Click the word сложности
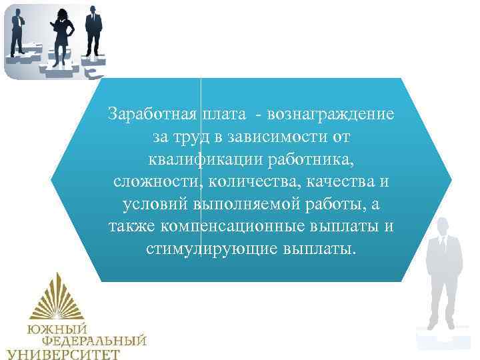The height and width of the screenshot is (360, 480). (157, 181)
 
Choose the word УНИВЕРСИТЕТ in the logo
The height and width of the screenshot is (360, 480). (63, 353)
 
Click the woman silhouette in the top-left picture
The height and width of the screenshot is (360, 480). (63, 37)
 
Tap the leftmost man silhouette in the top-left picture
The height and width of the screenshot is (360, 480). (18, 33)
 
